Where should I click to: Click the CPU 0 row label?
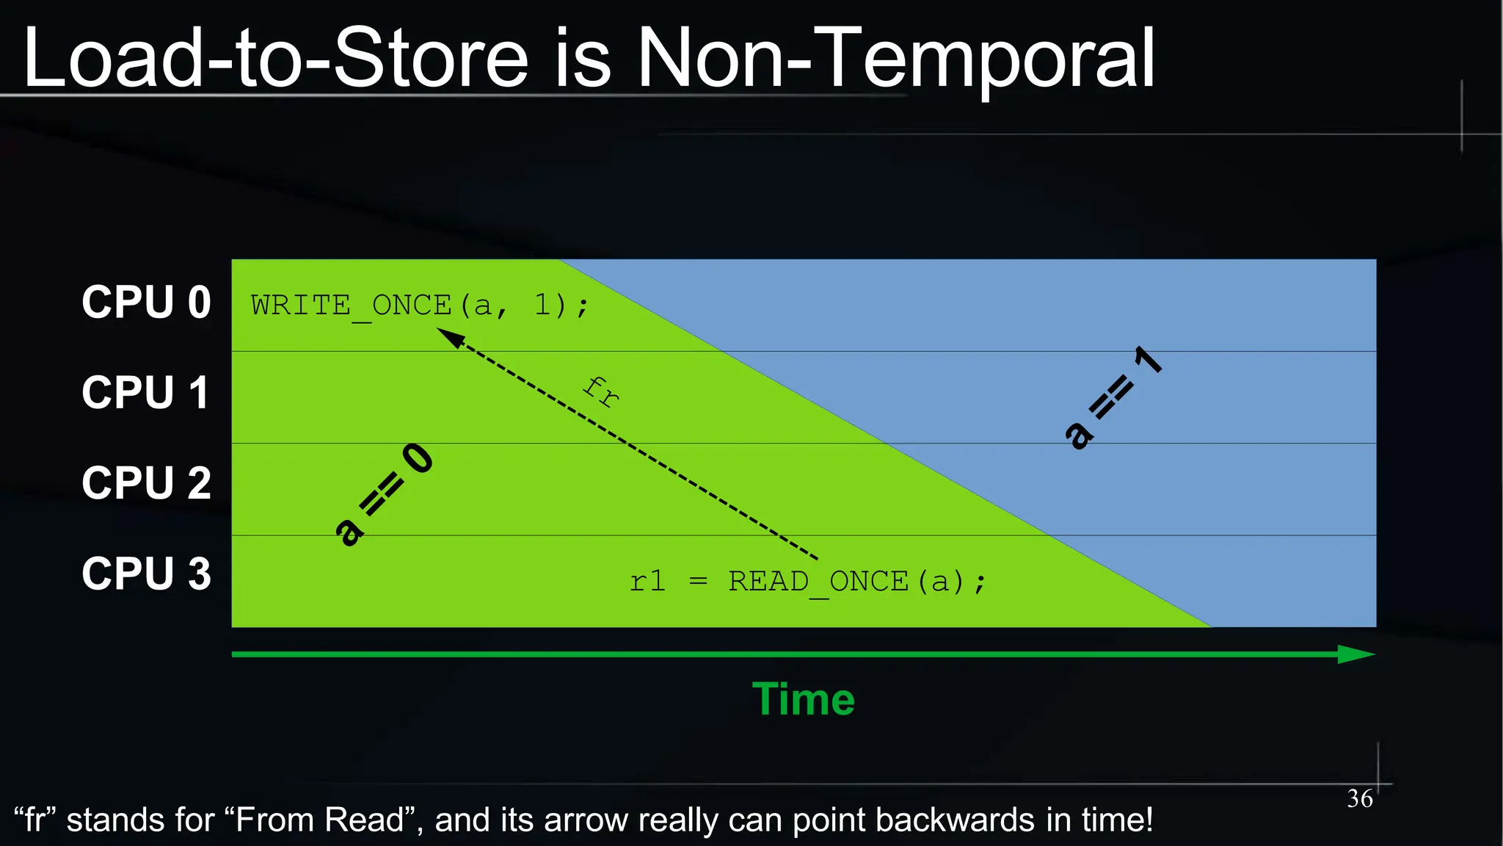point(146,302)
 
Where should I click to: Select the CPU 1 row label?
point(146,393)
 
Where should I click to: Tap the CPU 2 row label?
point(146,483)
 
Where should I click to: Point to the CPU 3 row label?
point(146,574)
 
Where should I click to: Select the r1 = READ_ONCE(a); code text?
point(807,582)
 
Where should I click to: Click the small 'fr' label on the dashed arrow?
point(601,391)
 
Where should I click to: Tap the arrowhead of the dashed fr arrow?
point(448,337)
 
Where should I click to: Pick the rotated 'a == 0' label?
point(384,495)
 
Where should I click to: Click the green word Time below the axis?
point(804,699)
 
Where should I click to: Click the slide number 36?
point(1359,798)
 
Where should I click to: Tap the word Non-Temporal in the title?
point(895,59)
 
